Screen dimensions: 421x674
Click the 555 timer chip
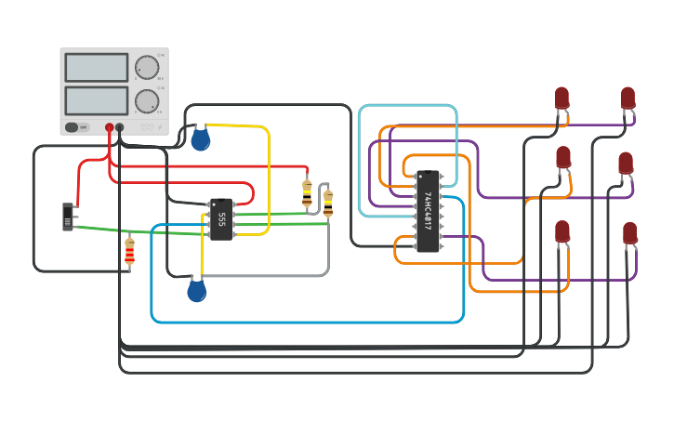(221, 219)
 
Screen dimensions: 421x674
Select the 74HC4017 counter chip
(428, 211)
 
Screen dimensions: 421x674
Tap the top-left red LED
(562, 98)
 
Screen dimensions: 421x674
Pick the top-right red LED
(628, 98)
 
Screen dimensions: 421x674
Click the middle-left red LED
(563, 157)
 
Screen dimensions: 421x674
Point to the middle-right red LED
(626, 163)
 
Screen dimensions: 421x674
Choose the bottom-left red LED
(562, 230)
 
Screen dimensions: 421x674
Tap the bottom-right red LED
(630, 232)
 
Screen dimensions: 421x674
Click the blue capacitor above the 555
(200, 139)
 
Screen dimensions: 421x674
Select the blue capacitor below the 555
(196, 291)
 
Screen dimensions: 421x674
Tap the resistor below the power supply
(129, 251)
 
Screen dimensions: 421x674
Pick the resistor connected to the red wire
(308, 192)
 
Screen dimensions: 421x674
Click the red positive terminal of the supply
(109, 126)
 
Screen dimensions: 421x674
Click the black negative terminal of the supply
(120, 126)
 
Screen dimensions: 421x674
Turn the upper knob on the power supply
(147, 67)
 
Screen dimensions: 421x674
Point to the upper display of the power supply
(96, 67)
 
